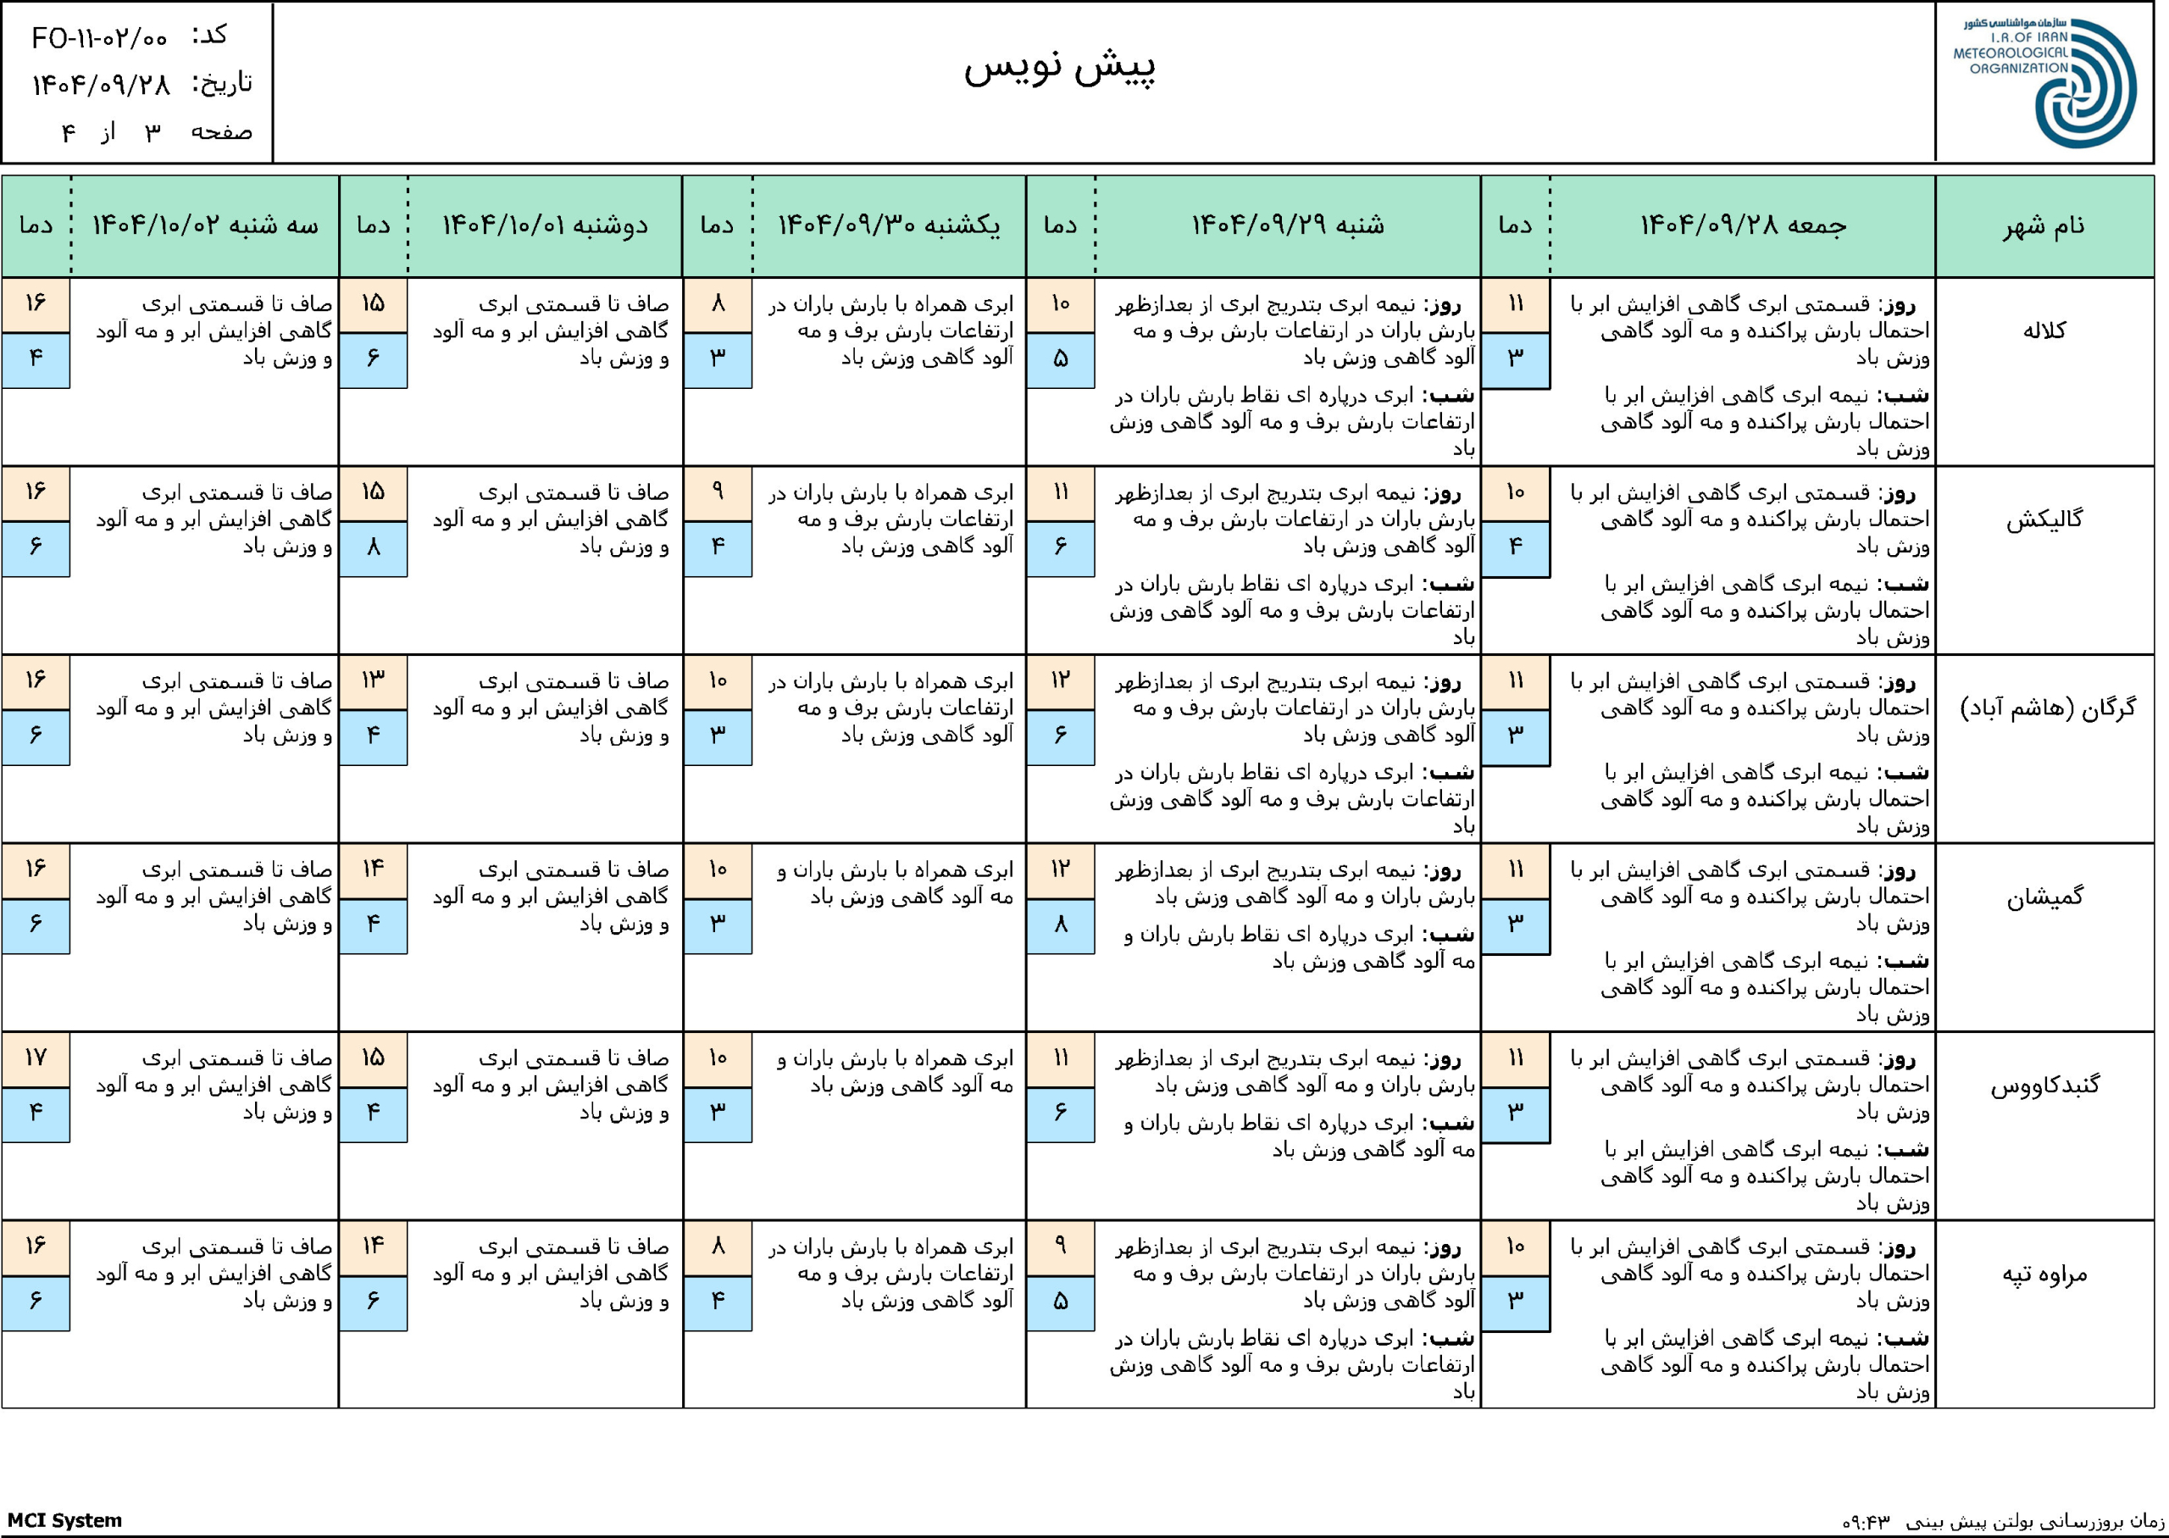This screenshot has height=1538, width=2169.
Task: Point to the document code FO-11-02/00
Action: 99,39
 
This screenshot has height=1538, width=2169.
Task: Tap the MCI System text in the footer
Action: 64,1520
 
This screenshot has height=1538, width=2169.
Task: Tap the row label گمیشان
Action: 2044,896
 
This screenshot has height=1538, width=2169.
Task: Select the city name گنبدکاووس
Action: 2044,1085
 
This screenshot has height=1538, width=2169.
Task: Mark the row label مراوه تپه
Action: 2044,1274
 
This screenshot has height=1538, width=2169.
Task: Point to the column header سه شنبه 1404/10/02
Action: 204,225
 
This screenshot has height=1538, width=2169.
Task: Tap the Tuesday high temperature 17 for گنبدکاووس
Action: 35,1058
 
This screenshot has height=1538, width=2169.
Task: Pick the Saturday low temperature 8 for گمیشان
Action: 1061,924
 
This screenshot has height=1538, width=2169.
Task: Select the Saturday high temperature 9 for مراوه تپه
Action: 1061,1247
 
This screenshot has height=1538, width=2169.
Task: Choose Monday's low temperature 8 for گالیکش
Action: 373,547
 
